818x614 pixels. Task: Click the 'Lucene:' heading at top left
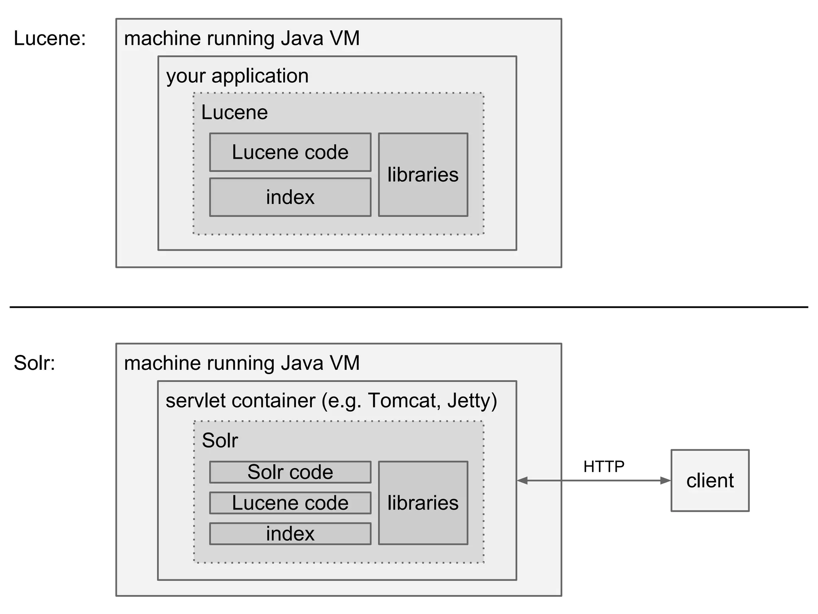(50, 38)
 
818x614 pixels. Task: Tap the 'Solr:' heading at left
(34, 363)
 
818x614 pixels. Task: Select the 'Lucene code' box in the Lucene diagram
(290, 152)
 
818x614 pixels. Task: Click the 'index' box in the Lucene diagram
(290, 197)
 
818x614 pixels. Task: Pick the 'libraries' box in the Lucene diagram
(423, 175)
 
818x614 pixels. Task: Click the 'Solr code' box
(290, 472)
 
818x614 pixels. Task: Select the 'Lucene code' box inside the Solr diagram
(290, 503)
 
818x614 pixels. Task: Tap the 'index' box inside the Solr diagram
(290, 534)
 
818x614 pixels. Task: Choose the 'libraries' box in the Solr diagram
(423, 503)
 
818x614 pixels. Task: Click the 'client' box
(710, 480)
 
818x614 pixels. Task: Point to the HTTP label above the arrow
(604, 466)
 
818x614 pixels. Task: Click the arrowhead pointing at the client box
(665, 480)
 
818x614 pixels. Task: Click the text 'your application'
(237, 76)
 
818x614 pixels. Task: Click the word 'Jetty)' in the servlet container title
(472, 400)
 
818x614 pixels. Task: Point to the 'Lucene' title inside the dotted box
(234, 112)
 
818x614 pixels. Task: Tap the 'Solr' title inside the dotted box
(220, 440)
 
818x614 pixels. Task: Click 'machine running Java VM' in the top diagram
(242, 38)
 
